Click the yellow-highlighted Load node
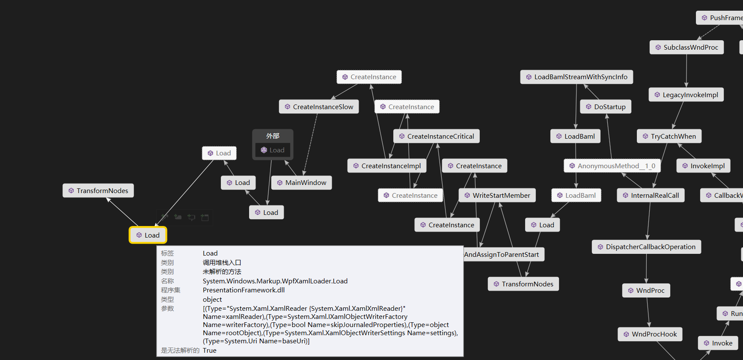[x=148, y=235]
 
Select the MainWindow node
[x=302, y=183]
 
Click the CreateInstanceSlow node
[x=319, y=107]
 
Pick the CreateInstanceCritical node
[x=437, y=137]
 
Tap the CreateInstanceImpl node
[x=387, y=166]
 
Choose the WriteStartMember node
[x=497, y=196]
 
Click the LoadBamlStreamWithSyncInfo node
[x=577, y=77]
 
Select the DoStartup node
[x=606, y=107]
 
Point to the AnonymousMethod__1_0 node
[x=612, y=166]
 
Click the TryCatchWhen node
[x=669, y=137]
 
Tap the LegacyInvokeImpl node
[x=686, y=95]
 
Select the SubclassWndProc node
[x=687, y=48]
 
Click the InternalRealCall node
[x=651, y=196]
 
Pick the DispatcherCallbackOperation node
[x=646, y=247]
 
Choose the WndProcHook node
[x=650, y=334]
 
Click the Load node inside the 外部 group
[x=273, y=150]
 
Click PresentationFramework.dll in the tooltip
[x=244, y=290]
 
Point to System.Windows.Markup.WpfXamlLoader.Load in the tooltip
[x=275, y=281]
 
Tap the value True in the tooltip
[x=210, y=351]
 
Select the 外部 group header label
[x=273, y=136]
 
